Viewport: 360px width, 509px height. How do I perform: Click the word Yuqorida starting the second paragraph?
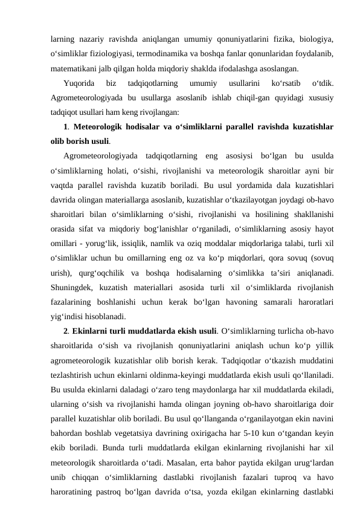78,83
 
